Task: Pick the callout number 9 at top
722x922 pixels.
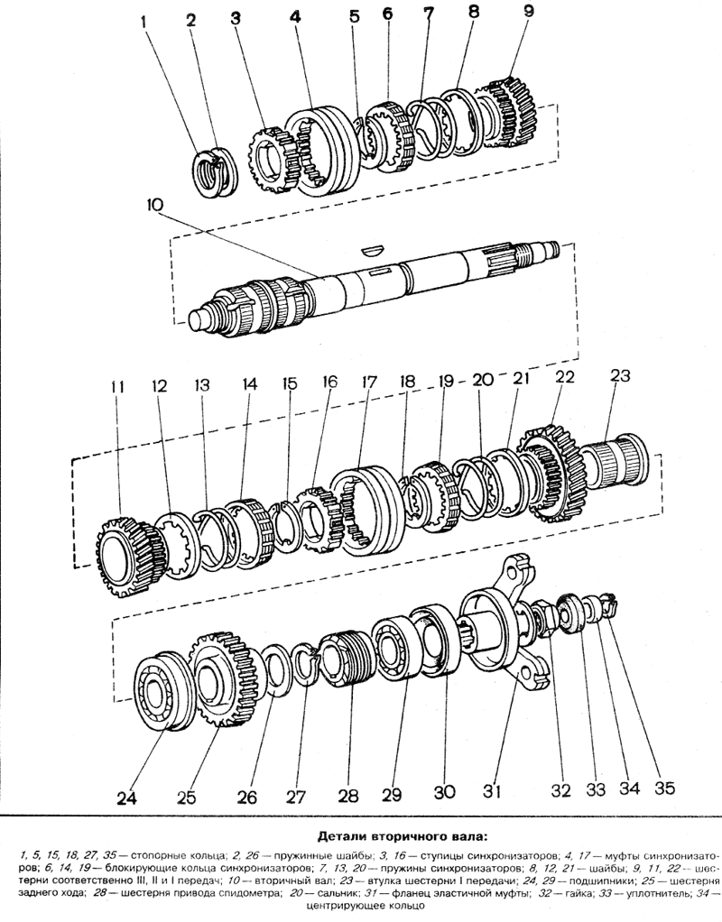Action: [528, 12]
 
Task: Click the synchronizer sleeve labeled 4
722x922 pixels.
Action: [319, 151]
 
